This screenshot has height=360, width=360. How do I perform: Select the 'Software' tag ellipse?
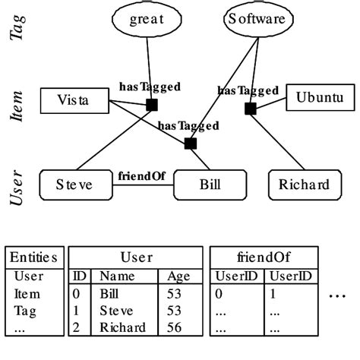coord(257,21)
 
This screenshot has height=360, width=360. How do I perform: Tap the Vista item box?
coord(74,99)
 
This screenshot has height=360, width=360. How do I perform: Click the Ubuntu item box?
coord(320,98)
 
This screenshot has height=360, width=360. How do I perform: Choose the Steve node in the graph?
coord(74,184)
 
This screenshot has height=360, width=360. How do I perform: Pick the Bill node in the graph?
coord(210,184)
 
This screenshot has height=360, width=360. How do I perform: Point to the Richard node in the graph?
coord(303,184)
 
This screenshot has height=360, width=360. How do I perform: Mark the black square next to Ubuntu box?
coord(250,109)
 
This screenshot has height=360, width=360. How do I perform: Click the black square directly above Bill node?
coord(190,143)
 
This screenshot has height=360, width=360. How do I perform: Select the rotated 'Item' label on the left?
coord(17,107)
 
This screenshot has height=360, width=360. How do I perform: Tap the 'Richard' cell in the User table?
coord(122,327)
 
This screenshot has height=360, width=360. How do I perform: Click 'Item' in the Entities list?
coord(27,292)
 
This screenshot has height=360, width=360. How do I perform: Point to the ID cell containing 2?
coord(77,327)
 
